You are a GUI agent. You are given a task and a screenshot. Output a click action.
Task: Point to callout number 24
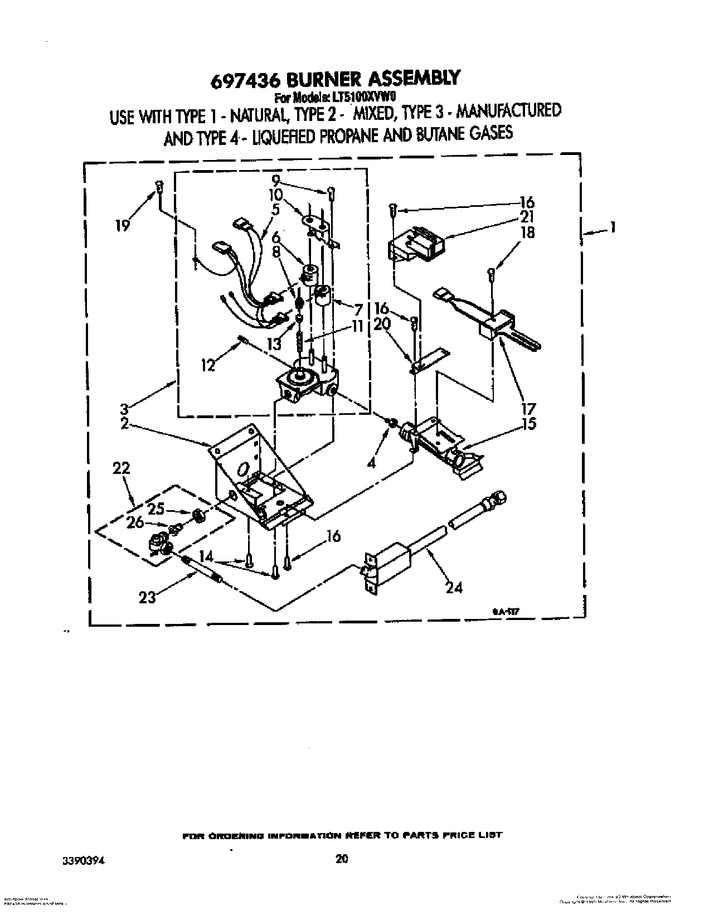point(454,587)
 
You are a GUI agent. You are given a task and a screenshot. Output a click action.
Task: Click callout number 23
point(147,597)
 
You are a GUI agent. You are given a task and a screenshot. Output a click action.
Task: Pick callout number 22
point(122,468)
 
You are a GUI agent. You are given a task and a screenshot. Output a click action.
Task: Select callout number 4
point(372,462)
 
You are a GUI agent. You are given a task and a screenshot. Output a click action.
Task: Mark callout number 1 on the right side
point(612,227)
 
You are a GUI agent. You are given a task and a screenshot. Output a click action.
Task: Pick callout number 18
point(527,232)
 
